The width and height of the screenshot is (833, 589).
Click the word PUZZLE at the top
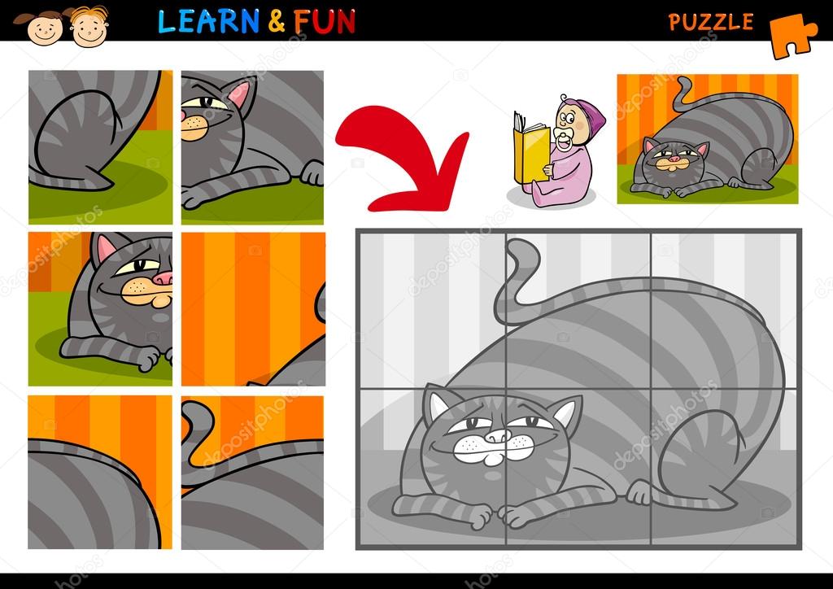click(711, 22)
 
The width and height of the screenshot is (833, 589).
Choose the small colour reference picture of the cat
click(707, 138)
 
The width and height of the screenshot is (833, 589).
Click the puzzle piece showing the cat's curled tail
click(252, 472)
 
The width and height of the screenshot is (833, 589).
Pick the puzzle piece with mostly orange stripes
click(252, 309)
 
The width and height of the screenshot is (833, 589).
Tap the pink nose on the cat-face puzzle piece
click(164, 278)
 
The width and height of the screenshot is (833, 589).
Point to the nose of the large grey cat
click(499, 438)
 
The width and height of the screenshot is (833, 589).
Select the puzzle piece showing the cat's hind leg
click(100, 146)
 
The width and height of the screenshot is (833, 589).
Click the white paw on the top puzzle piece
click(312, 172)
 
